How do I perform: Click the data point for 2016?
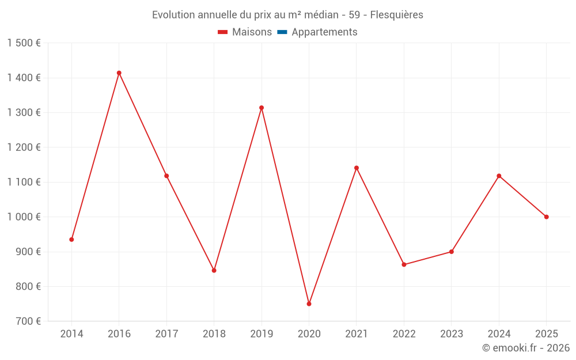point(119,73)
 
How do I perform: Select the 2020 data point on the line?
point(309,304)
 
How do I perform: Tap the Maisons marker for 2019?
point(262,108)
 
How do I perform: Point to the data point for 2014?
point(71,240)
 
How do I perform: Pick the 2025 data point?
point(547,217)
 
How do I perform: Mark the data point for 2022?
point(404,264)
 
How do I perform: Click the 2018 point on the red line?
point(214,270)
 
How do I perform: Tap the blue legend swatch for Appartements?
point(282,32)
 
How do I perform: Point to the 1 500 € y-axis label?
point(24,43)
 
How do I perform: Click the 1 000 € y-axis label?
point(24,217)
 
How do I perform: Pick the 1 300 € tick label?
point(24,113)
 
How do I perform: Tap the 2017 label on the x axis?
point(166,334)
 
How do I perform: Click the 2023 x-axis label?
point(452,334)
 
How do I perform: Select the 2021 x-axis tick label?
point(357,334)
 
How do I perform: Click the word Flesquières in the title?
point(396,15)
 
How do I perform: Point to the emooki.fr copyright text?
point(526,348)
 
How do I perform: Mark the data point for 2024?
point(499,176)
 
